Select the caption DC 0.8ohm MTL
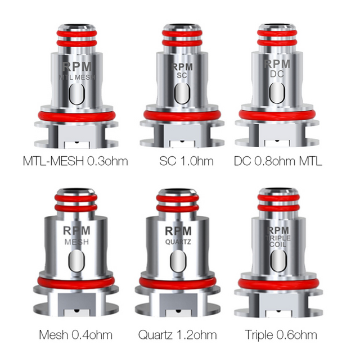pyautogui.click(x=278, y=162)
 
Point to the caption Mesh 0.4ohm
pyautogui.click(x=75, y=335)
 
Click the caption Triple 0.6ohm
pyautogui.click(x=281, y=335)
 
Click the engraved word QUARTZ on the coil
pyautogui.click(x=178, y=242)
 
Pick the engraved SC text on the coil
pyautogui.click(x=181, y=74)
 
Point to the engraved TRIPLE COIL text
pyautogui.click(x=278, y=242)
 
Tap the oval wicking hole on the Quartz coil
pyautogui.click(x=178, y=261)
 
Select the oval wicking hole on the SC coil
pyautogui.click(x=181, y=93)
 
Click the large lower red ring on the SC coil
pyautogui.click(x=181, y=115)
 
